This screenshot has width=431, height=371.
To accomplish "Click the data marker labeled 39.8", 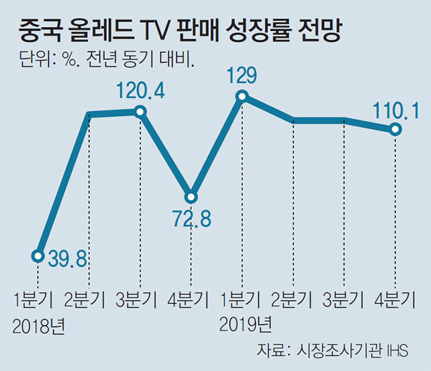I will tap(38, 255).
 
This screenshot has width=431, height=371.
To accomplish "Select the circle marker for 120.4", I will tap(140, 112).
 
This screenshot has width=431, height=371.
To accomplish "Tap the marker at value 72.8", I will tap(191, 197).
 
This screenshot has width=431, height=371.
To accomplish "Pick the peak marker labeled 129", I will tap(242, 96).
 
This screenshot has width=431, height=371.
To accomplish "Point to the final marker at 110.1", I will tap(395, 129).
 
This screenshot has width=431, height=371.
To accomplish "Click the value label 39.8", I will tap(67, 258).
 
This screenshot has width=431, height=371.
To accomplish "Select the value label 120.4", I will tap(140, 90).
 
